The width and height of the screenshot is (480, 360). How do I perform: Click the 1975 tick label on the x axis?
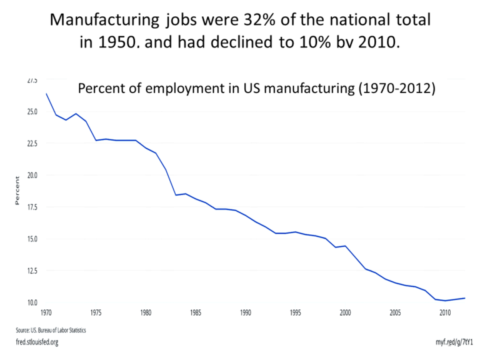coord(96,312)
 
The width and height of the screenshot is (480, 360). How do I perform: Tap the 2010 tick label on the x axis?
coord(445,312)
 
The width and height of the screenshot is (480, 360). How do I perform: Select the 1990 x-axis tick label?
coord(245,312)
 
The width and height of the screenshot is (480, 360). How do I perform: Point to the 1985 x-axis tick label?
coord(196,312)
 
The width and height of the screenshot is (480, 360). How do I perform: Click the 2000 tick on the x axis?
coord(345,312)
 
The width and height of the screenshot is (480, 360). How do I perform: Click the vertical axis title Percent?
coord(18,191)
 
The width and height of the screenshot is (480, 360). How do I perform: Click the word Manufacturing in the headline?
coord(104,20)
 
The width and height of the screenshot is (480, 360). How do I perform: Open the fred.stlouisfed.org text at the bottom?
coord(37,342)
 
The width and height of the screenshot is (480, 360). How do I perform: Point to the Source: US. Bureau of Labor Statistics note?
coord(51,329)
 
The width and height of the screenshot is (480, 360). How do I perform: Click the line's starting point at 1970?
coord(46,94)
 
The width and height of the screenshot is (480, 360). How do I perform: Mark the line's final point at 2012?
coord(464,298)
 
